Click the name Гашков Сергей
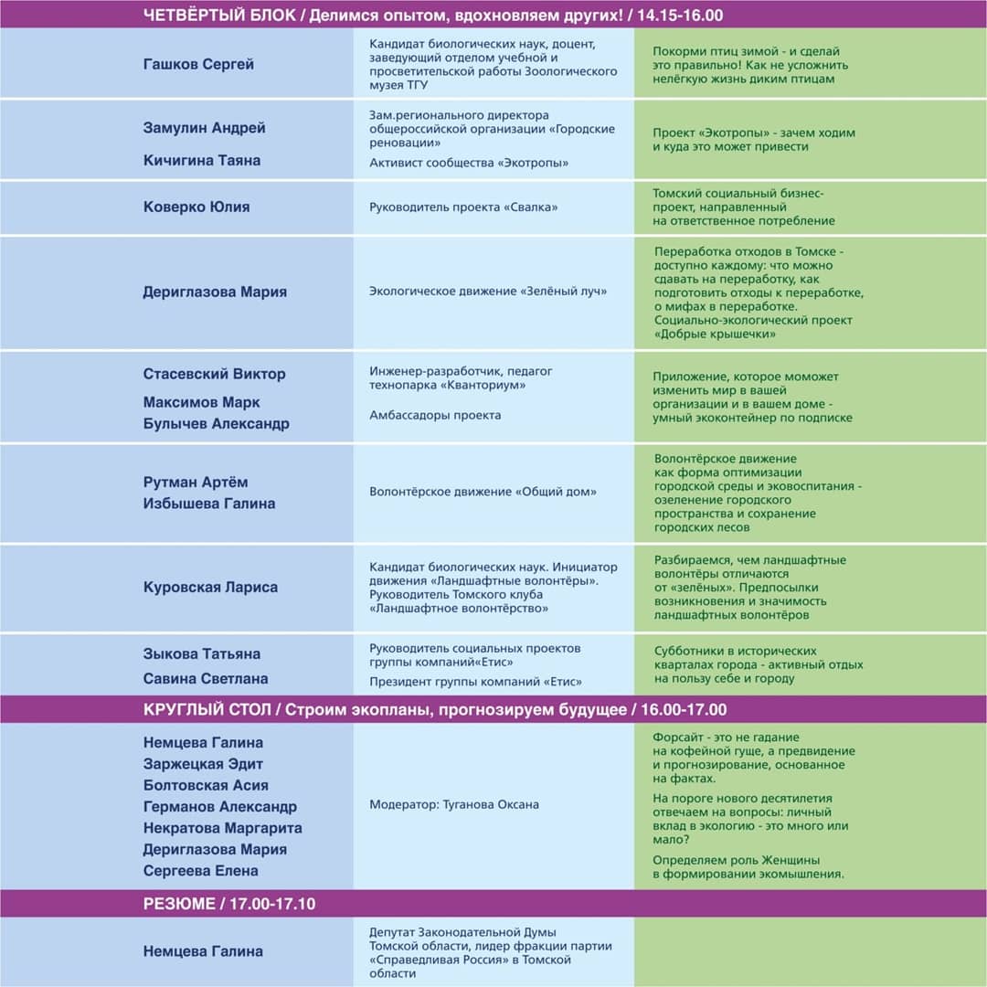point(198,65)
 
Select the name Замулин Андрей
point(204,128)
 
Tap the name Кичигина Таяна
point(202,160)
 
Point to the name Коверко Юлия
point(196,207)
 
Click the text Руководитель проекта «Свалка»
point(463,207)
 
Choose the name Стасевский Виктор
point(214,374)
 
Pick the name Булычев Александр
point(216,424)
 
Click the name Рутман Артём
point(196,482)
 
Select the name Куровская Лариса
point(210,588)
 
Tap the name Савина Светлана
point(206,679)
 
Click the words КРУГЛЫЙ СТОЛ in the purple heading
point(207,710)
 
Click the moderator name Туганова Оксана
point(491,805)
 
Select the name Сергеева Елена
point(201,871)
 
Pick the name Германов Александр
point(219,807)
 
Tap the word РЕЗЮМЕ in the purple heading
point(177,904)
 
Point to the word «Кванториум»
point(486,386)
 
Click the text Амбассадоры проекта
point(435,415)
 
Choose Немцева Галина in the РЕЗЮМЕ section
point(203,951)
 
